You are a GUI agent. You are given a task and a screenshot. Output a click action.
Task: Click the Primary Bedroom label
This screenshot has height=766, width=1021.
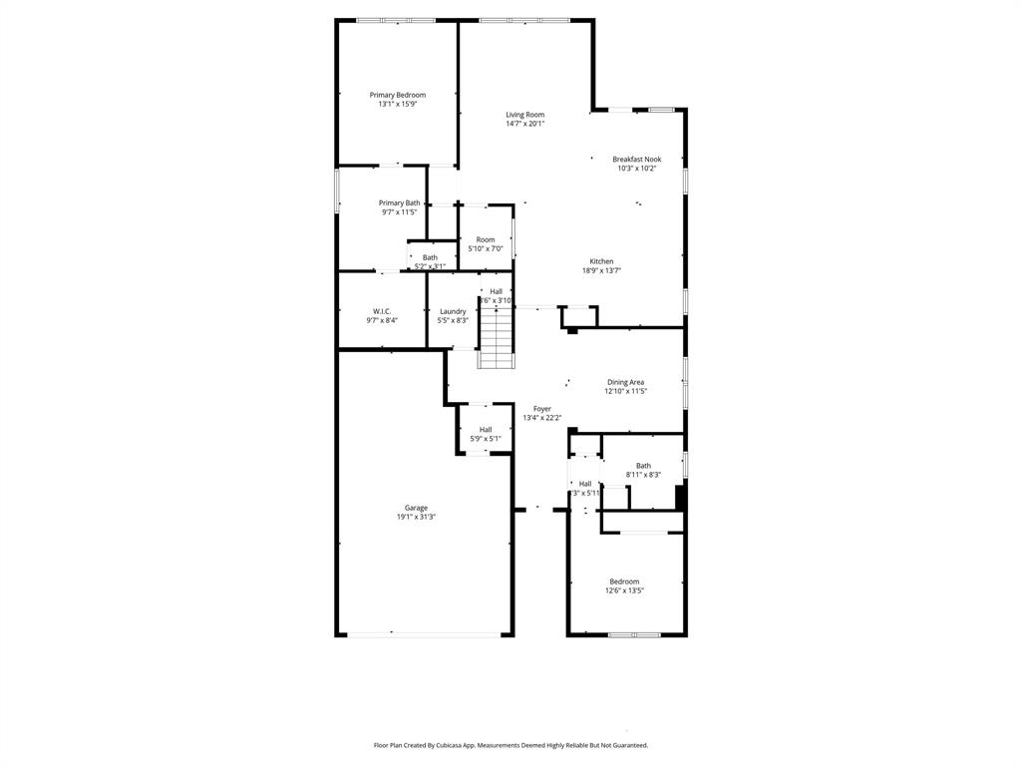[397, 95]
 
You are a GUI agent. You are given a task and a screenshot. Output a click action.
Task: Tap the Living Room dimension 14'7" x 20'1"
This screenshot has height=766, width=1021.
[524, 124]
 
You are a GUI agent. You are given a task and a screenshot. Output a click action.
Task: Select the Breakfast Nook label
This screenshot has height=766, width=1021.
[636, 159]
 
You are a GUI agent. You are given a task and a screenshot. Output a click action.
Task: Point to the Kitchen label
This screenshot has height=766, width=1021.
[601, 261]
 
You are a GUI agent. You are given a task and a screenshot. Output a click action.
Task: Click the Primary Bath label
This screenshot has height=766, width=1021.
[399, 202]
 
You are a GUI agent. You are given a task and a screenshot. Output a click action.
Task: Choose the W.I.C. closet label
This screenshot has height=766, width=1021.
[382, 311]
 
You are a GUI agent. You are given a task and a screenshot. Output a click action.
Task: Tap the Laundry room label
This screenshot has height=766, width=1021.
[453, 311]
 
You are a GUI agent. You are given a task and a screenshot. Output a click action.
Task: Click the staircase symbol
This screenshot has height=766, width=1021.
[496, 337]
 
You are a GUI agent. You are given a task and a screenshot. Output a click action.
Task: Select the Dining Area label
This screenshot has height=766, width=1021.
[626, 382]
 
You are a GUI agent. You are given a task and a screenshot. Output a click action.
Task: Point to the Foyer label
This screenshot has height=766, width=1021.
[541, 409]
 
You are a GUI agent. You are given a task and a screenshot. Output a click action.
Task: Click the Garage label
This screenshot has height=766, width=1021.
[416, 508]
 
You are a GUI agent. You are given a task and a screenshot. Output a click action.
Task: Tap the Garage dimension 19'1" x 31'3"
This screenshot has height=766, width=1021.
[416, 517]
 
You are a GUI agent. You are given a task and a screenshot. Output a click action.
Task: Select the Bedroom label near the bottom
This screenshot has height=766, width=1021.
[624, 581]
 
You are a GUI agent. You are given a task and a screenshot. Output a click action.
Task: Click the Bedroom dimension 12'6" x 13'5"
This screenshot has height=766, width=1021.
[624, 590]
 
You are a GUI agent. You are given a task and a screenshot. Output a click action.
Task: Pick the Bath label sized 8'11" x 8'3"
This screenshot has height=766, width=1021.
[643, 466]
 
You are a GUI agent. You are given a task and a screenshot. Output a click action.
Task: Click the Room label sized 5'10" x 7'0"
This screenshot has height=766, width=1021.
[486, 239]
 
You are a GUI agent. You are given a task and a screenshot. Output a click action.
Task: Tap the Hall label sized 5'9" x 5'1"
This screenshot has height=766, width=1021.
[486, 430]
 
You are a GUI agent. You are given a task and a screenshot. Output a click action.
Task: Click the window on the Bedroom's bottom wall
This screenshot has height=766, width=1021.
[634, 634]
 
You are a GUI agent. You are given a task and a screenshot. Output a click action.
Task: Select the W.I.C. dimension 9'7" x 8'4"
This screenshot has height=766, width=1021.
[382, 320]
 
